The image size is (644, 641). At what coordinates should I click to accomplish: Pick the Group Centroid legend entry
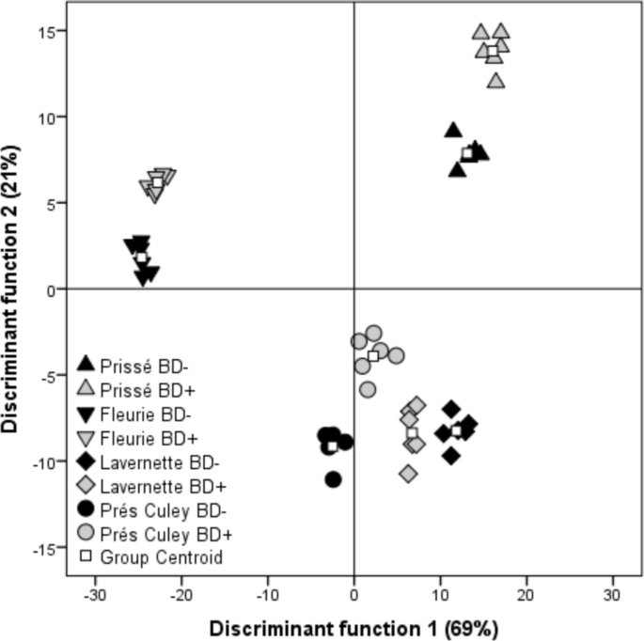point(148,556)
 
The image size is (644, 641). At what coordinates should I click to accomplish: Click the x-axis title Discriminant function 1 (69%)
point(353,627)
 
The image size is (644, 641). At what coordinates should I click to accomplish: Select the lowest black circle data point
point(333,479)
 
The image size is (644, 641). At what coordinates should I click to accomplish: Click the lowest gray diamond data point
point(408,474)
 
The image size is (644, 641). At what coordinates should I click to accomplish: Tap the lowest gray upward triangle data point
point(495,81)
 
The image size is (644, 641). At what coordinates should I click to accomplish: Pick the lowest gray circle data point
point(368,389)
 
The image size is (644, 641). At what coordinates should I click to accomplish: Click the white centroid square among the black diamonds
point(457,430)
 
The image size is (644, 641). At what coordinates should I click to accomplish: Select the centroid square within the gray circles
point(373,355)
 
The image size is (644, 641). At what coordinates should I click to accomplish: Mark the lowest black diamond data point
point(451,456)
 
